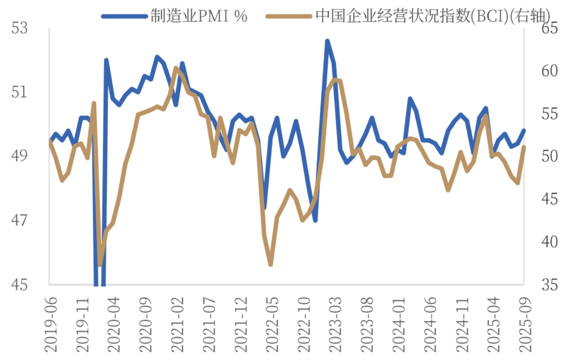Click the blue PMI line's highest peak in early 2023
point(327,41)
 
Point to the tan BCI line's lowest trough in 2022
point(270,264)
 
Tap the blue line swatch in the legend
point(124,16)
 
